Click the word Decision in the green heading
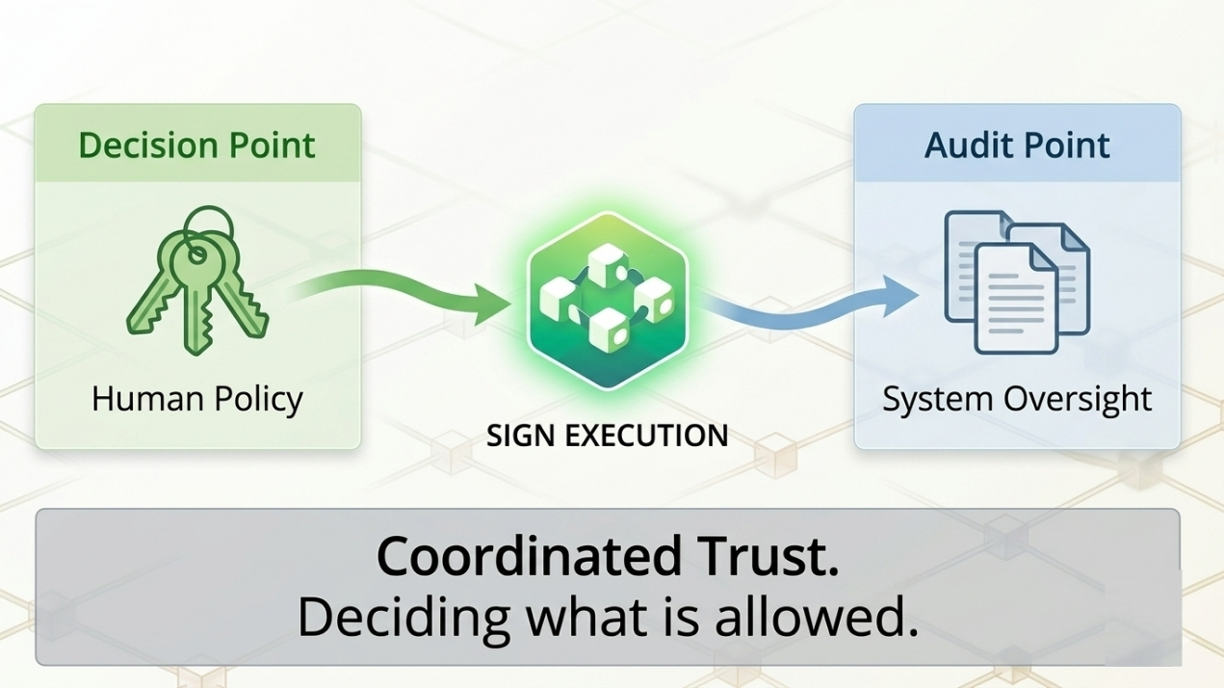coord(135,146)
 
